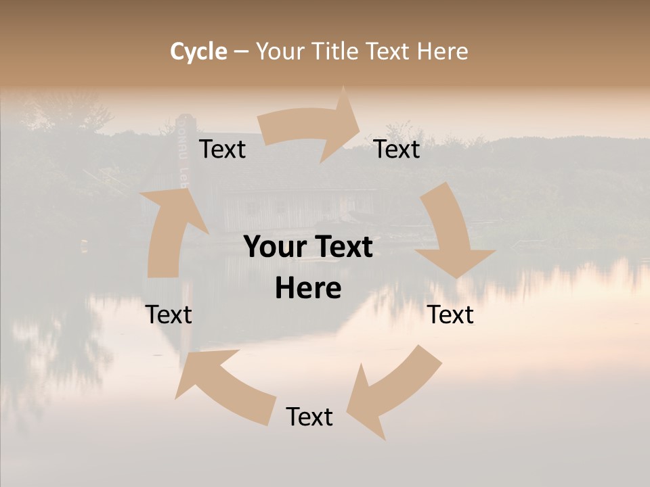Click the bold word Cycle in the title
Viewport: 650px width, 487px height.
[198, 51]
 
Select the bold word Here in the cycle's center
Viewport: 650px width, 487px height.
[308, 289]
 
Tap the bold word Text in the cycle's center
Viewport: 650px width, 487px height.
[342, 247]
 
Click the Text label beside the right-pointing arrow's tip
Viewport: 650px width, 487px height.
[397, 149]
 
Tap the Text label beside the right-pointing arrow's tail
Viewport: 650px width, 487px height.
[222, 149]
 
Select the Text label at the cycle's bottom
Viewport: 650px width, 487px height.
[309, 417]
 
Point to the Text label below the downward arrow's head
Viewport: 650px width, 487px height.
[450, 315]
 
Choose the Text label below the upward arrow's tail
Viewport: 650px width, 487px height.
[169, 315]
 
